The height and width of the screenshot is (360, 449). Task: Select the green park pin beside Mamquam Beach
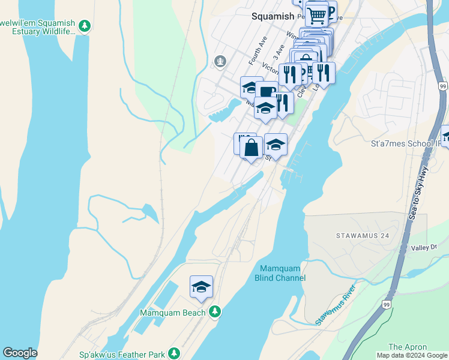tap(215, 312)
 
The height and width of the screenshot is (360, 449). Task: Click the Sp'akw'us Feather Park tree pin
tap(174, 353)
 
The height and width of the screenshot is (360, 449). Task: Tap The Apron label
tap(407, 347)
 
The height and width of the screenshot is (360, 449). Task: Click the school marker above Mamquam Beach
tap(202, 287)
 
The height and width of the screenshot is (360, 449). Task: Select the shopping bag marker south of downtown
tap(252, 147)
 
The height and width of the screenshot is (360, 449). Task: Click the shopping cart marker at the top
tap(316, 14)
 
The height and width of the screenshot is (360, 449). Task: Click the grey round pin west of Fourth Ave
tap(220, 61)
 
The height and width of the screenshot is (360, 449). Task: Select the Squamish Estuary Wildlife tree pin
tap(85, 25)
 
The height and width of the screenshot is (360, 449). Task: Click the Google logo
tap(20, 353)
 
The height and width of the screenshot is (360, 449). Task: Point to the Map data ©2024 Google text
tap(411, 355)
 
